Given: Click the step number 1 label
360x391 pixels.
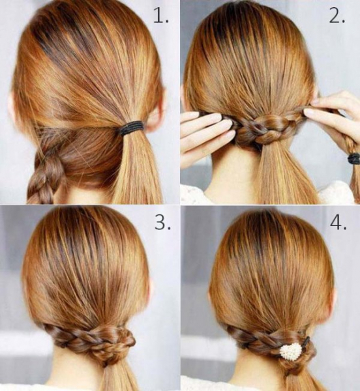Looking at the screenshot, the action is pos(160,16).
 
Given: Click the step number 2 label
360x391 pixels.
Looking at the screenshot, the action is pos(337,16).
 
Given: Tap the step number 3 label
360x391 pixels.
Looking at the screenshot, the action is pos(162,222).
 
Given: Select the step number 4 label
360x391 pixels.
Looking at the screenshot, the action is pos(338,222).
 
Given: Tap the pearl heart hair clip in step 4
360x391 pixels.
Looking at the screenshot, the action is pos(290,350).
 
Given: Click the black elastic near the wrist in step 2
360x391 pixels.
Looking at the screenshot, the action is pos(354,158).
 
